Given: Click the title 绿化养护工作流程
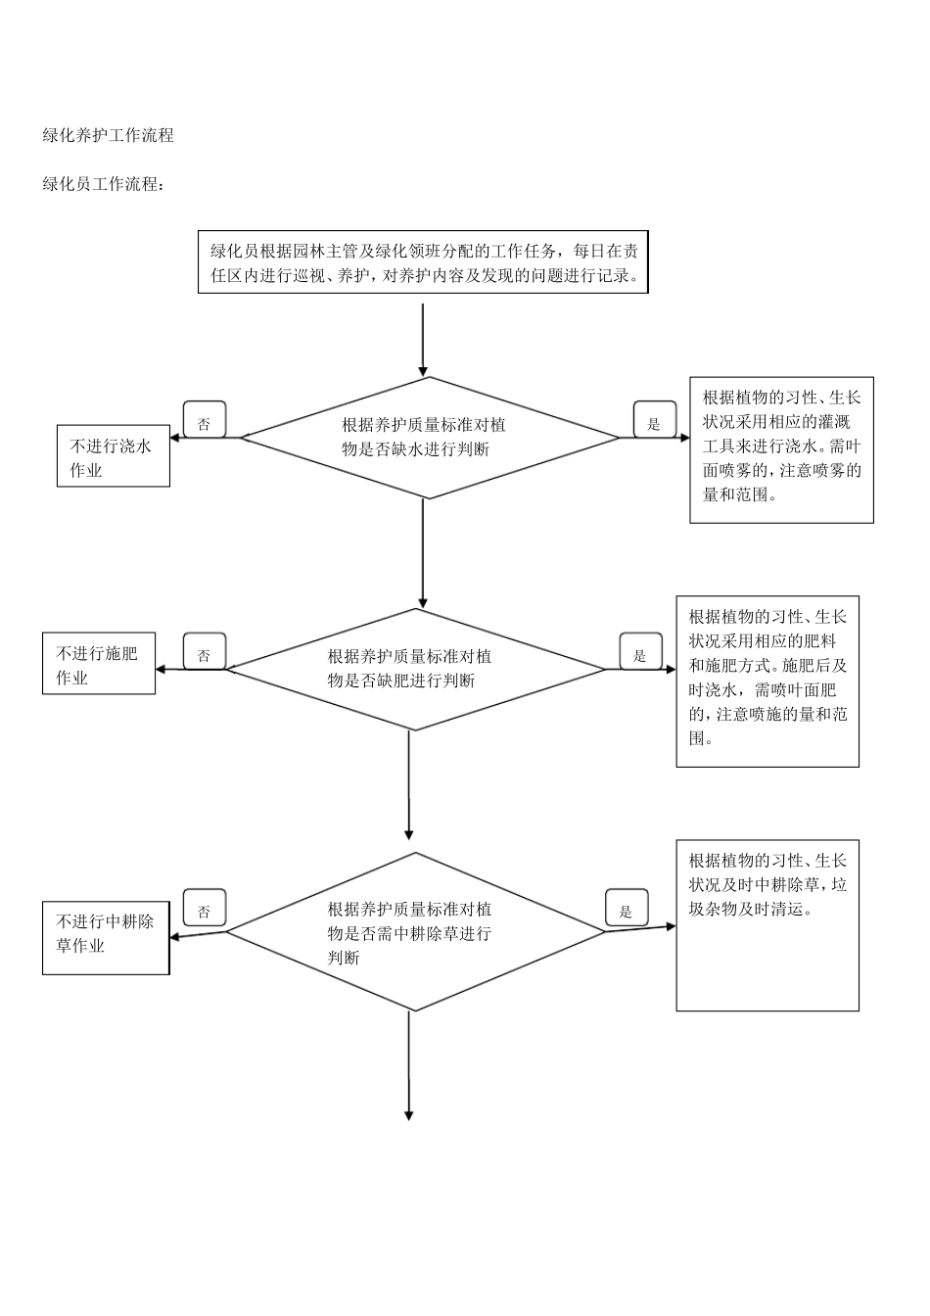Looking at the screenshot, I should pyautogui.click(x=108, y=136).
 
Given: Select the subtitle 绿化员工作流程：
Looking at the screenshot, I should pyautogui.click(x=104, y=184).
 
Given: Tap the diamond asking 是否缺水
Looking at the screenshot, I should pyautogui.click(x=423, y=438).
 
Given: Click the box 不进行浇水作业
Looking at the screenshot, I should pyautogui.click(x=113, y=457).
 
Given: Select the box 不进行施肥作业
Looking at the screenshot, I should pyautogui.click(x=98, y=665).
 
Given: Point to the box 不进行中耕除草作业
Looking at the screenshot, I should pyautogui.click(x=106, y=938).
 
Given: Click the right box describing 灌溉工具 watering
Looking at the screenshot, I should pyautogui.click(x=781, y=449).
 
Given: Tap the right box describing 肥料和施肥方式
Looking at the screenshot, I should pyautogui.click(x=767, y=681).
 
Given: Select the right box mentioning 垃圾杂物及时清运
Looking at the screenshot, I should pyautogui.click(x=767, y=924).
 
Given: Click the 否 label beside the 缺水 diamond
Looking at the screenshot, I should pyautogui.click(x=204, y=422).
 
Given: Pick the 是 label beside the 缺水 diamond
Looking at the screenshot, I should pyautogui.click(x=654, y=422).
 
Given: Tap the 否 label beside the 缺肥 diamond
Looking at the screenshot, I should pyautogui.click(x=204, y=653).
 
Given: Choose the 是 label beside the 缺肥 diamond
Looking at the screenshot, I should pyautogui.click(x=640, y=653).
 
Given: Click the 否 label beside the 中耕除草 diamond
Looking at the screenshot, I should pyautogui.click(x=204, y=911).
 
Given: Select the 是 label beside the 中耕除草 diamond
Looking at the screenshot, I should pyautogui.click(x=627, y=911).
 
